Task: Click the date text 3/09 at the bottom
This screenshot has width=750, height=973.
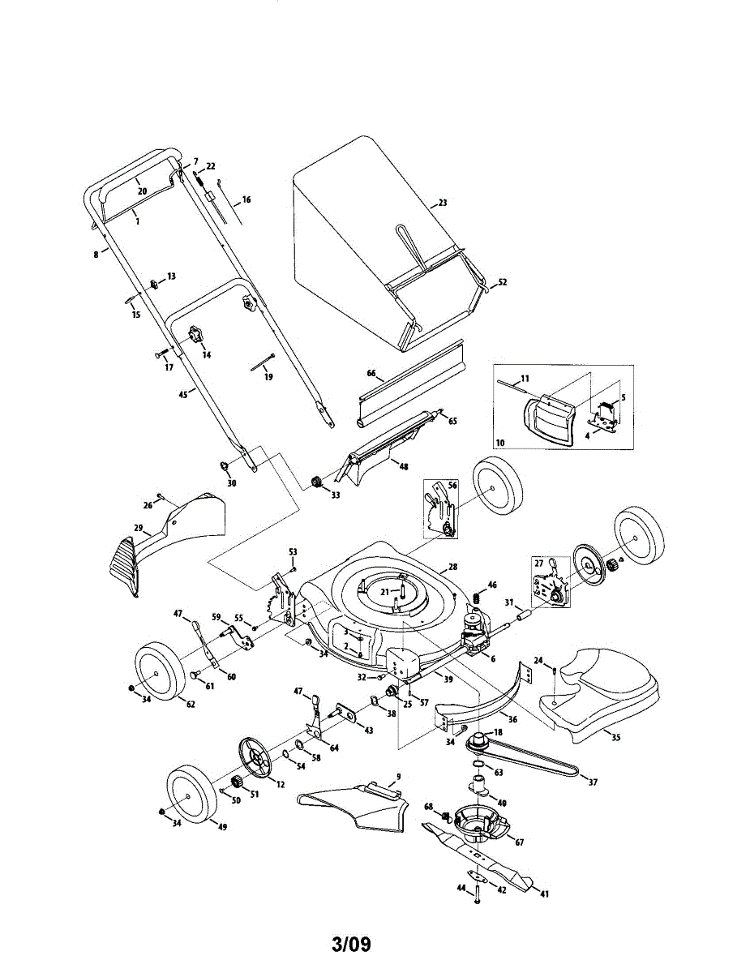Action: pos(351,945)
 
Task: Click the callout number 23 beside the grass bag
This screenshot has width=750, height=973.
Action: pos(443,202)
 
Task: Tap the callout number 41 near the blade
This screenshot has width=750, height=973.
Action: pos(545,894)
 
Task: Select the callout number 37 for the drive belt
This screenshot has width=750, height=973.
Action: pos(593,782)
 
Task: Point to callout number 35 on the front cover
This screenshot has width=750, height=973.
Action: pos(615,739)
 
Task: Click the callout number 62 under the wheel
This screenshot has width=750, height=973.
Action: pos(190,704)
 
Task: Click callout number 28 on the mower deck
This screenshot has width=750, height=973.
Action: pos(453,567)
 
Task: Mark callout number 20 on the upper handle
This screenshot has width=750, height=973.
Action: pos(142,191)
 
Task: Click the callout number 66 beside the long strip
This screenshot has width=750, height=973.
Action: pos(371,374)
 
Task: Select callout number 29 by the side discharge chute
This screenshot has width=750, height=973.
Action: pos(139,528)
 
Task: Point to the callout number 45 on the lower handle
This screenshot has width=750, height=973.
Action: pos(182,394)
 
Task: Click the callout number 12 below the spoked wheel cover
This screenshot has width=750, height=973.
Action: pos(281,783)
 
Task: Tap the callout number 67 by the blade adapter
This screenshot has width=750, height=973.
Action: pos(520,842)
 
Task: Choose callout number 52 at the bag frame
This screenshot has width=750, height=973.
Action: pos(502,282)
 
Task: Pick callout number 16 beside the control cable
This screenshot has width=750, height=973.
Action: pos(246,199)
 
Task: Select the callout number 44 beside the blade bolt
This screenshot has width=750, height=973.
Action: pos(462,889)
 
